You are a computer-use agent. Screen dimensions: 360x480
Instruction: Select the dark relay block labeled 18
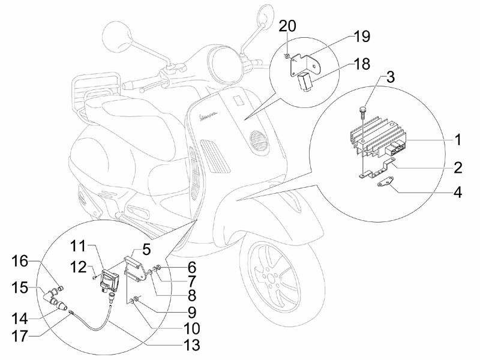(x=305, y=80)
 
